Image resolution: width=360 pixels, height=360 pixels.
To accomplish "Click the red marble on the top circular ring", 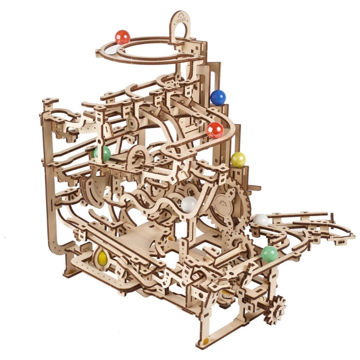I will click(123, 37).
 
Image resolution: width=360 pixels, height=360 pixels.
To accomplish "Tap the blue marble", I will click(218, 97).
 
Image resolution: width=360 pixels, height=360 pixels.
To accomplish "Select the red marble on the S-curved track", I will click(215, 130).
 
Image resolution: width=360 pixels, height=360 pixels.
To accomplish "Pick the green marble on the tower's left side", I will click(102, 154).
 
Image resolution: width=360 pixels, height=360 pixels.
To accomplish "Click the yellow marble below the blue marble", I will click(238, 160).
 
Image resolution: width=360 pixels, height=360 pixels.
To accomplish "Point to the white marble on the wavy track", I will click(189, 204).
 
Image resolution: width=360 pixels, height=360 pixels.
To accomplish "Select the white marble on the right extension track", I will click(261, 220).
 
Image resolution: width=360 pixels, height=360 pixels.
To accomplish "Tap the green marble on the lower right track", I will click(270, 254).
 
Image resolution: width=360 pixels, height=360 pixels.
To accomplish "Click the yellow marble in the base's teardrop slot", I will click(102, 257).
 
